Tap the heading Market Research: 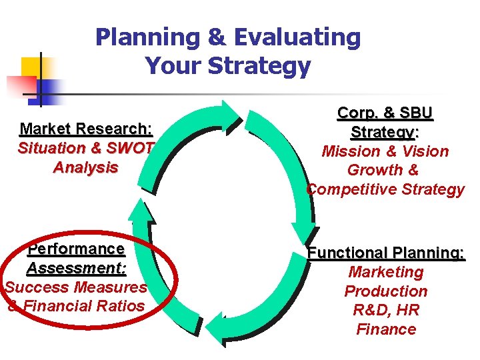(x=86, y=129)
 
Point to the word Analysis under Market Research (x=85, y=167)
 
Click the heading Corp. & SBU (x=385, y=113)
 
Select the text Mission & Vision (x=385, y=151)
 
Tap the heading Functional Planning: (x=385, y=253)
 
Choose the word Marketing (x=385, y=272)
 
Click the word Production (x=385, y=291)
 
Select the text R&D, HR (x=385, y=310)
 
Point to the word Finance (x=385, y=329)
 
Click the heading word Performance (x=76, y=249)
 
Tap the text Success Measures (x=76, y=287)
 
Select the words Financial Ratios (x=84, y=306)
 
